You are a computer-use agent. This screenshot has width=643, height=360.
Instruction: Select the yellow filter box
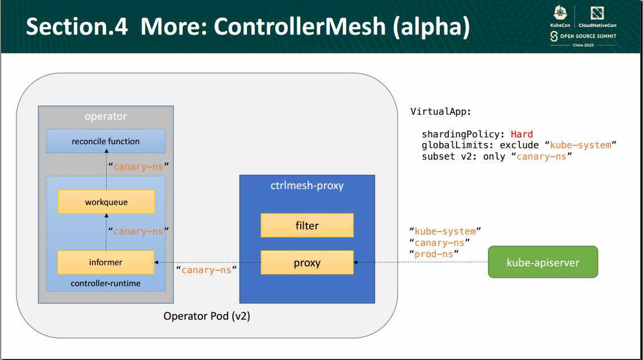(307, 225)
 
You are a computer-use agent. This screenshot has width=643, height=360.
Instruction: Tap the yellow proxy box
(307, 263)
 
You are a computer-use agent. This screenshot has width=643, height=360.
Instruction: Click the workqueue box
(106, 202)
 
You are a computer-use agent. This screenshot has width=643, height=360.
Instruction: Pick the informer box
(106, 262)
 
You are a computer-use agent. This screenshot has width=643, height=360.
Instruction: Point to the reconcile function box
(106, 141)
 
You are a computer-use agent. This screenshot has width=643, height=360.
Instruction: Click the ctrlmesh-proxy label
(307, 186)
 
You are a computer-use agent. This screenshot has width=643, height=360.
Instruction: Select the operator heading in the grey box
(106, 116)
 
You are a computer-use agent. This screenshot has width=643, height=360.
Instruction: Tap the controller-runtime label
(106, 283)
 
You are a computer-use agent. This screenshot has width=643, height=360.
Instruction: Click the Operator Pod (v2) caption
(207, 316)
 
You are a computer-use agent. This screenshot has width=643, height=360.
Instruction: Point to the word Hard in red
(522, 135)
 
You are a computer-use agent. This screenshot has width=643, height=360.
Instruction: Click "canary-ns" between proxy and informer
(206, 270)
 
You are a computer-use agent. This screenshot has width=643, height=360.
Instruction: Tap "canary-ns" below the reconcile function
(138, 167)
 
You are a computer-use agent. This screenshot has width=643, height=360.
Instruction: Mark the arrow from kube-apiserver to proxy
(420, 262)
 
